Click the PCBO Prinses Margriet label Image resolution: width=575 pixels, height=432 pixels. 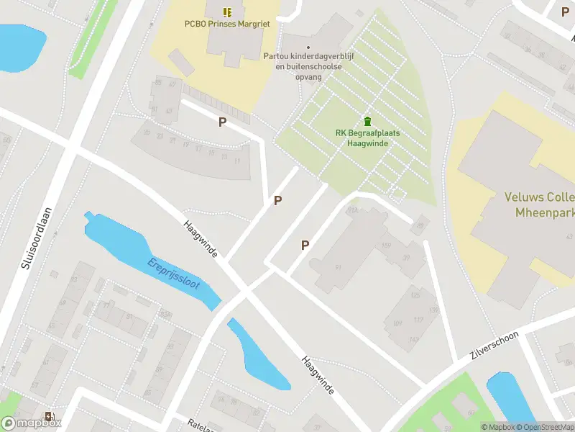click(x=226, y=24)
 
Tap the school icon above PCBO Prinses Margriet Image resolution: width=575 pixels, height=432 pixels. click(x=227, y=12)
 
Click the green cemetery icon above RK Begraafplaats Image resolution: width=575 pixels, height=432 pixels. click(x=367, y=120)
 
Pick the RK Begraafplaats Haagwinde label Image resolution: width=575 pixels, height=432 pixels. click(x=367, y=138)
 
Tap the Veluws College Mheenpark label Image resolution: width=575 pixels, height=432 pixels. click(x=535, y=205)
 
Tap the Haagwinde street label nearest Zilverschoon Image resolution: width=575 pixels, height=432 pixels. click(x=318, y=375)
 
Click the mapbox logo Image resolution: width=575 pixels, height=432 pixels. click(x=32, y=423)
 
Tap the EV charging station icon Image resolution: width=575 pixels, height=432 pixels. click(x=49, y=416)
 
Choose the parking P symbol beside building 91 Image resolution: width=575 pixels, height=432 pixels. click(x=305, y=246)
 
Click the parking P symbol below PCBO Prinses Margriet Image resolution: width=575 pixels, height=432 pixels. click(x=222, y=122)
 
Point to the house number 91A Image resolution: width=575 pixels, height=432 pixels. click(x=352, y=211)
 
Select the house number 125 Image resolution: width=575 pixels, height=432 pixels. click(x=415, y=296)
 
